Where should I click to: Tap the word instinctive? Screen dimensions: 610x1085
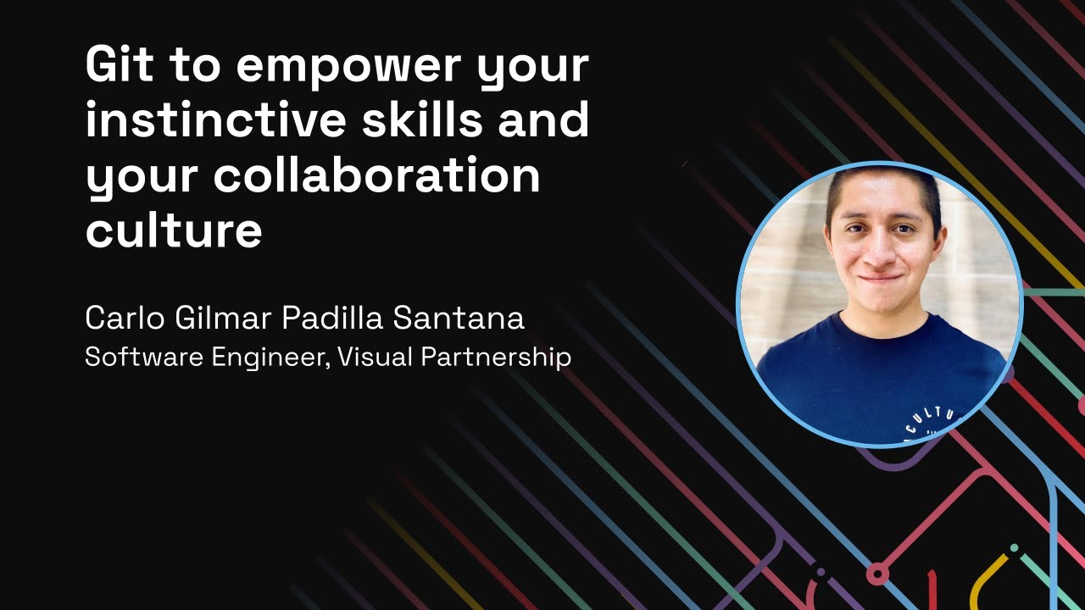pyautogui.click(x=215, y=120)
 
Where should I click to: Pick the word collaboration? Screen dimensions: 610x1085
pyautogui.click(x=376, y=175)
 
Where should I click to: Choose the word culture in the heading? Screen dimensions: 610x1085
pyautogui.click(x=174, y=230)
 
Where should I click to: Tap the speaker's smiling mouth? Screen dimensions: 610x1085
pyautogui.click(x=879, y=277)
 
